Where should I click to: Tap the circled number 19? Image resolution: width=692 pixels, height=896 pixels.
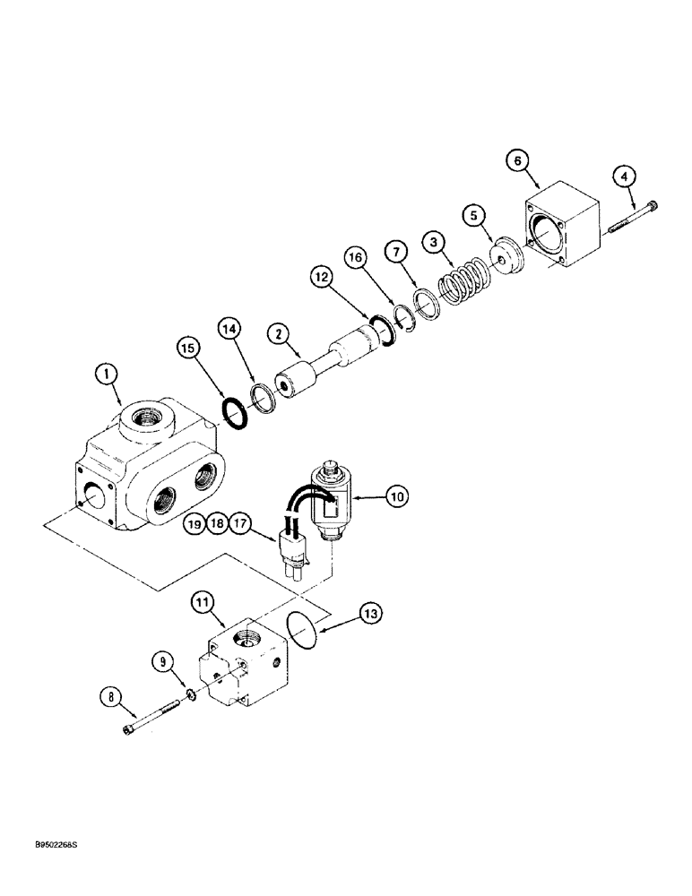195,522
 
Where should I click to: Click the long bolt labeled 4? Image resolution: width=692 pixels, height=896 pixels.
631,220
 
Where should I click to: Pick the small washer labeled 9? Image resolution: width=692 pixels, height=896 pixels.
190,695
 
